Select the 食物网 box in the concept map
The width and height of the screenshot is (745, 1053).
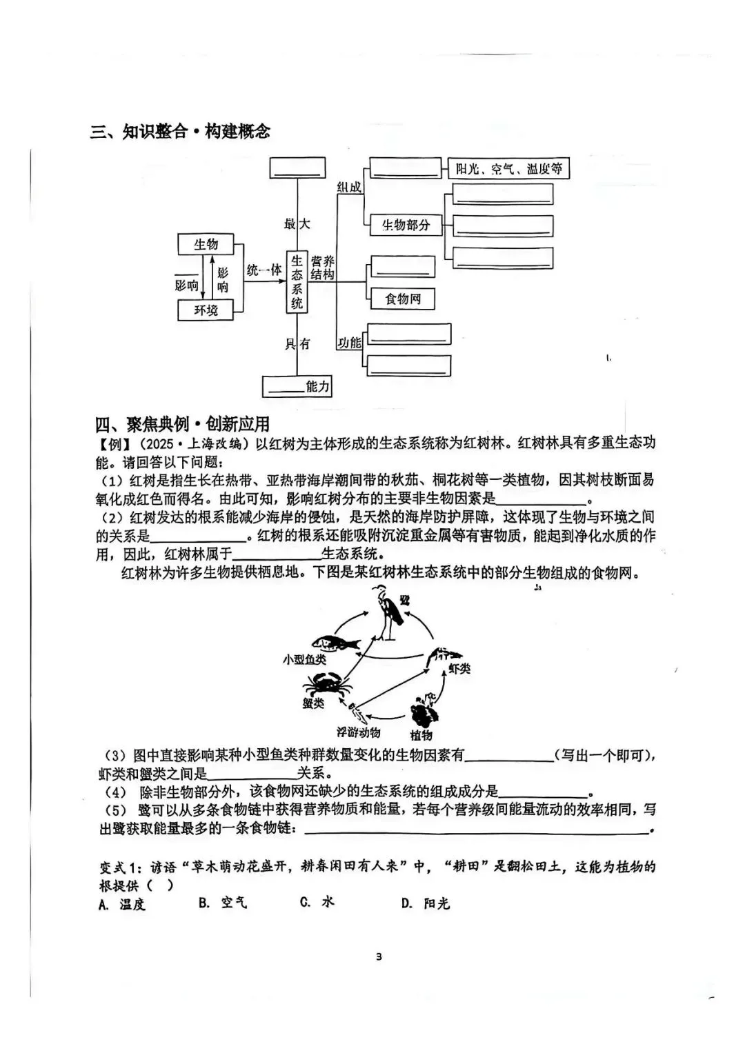(x=403, y=299)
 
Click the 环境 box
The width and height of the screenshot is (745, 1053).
(x=206, y=310)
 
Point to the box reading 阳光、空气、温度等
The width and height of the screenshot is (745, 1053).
(x=509, y=168)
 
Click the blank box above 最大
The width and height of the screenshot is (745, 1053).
(x=297, y=168)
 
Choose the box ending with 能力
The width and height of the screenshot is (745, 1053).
(x=297, y=386)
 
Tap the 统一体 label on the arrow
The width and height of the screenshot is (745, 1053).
(x=264, y=270)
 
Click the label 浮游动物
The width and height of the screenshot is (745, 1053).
(x=358, y=733)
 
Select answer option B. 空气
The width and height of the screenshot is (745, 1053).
(x=222, y=903)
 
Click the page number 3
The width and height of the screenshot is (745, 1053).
(x=379, y=956)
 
